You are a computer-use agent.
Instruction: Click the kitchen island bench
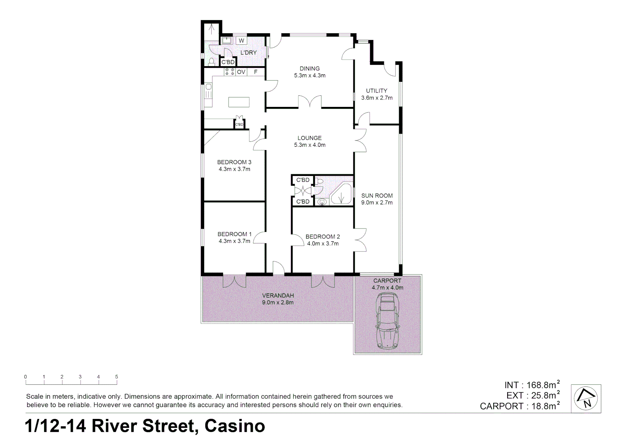(238, 102)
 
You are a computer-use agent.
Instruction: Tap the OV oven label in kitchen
(241, 72)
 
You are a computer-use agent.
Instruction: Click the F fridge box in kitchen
(256, 72)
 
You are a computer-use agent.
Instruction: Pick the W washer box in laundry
(242, 40)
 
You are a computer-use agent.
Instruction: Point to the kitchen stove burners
(229, 72)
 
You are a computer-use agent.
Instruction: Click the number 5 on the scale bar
(117, 377)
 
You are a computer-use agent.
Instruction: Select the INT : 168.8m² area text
(532, 385)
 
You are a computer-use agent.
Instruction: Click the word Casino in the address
(235, 426)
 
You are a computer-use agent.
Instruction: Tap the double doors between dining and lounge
(309, 102)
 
